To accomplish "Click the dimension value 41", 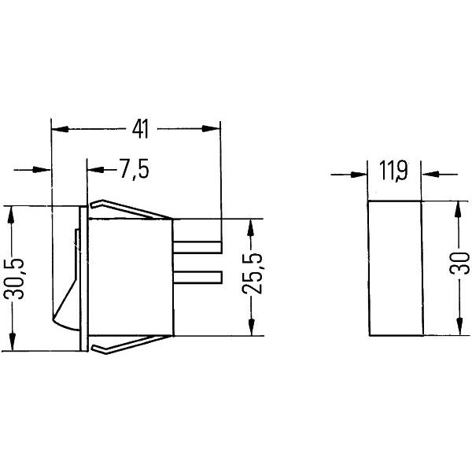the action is pyautogui.click(x=140, y=129).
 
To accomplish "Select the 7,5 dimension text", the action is pyautogui.click(x=135, y=169).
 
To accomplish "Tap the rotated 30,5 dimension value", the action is pyautogui.click(x=14, y=278).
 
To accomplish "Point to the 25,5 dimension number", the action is pyautogui.click(x=252, y=273).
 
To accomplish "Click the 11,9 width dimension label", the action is pyautogui.click(x=393, y=171).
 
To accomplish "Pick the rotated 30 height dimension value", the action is pyautogui.click(x=459, y=263).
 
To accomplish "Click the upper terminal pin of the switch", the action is pyautogui.click(x=197, y=247).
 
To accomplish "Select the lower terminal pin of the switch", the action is pyautogui.click(x=197, y=277).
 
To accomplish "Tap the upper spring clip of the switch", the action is pyautogui.click(x=131, y=209).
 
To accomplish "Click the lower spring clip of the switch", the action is pyautogui.click(x=131, y=345).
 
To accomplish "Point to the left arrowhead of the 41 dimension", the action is pyautogui.click(x=61, y=129).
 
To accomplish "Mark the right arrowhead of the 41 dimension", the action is pyautogui.click(x=211, y=128).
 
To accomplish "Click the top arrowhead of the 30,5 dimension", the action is pyautogui.click(x=11, y=215).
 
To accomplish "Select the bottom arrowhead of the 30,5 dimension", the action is pyautogui.click(x=13, y=341).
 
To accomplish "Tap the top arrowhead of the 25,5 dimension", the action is pyautogui.click(x=251, y=227).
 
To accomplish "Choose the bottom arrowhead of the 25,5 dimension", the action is pyautogui.click(x=252, y=327).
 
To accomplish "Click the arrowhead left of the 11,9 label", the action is pyautogui.click(x=360, y=175).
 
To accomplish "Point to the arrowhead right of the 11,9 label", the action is pyautogui.click(x=430, y=175).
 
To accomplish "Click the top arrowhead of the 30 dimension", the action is pyautogui.click(x=458, y=209).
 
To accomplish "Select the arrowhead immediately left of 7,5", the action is pyautogui.click(x=96, y=170).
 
